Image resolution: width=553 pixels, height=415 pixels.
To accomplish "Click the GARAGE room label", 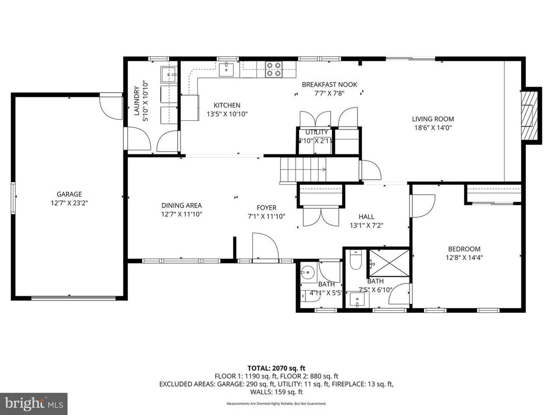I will tap(69, 194).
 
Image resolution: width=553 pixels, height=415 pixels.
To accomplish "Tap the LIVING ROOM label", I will tap(432, 119).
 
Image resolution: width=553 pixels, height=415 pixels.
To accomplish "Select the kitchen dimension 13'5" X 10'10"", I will tap(227, 114).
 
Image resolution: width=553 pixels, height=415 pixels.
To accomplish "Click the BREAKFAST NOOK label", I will tap(329, 85).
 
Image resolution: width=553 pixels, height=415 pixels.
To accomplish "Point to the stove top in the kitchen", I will tap(273, 69).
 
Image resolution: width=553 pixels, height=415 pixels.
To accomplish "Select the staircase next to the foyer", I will tap(302, 170).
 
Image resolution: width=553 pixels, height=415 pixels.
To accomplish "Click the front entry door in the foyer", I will tap(265, 247).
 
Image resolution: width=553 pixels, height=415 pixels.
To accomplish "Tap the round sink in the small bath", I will tap(308, 273).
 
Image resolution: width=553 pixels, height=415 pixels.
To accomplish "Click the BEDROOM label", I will tap(464, 248).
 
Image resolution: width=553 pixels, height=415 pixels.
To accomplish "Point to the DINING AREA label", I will tap(181, 205).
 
